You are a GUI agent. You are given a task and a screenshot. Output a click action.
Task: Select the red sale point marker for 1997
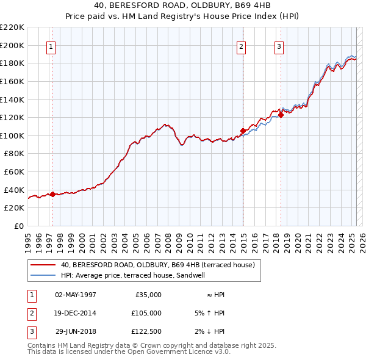pos(52,195)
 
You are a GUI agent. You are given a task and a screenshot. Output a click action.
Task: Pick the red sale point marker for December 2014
pos(243,131)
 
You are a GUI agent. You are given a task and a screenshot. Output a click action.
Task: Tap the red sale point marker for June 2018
pos(281,114)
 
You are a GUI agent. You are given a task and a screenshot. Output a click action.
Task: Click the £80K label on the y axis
pos(14,154)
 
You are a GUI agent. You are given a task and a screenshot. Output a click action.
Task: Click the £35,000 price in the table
pos(147,295)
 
